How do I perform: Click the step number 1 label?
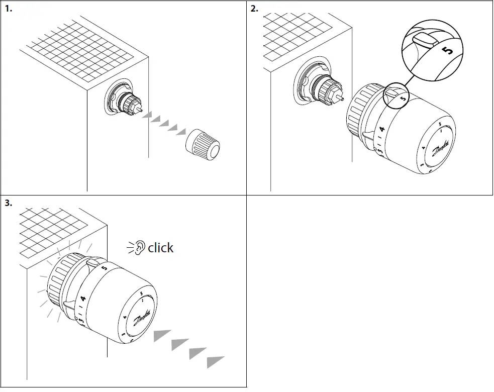(x=8, y=9)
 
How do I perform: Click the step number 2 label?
(x=254, y=9)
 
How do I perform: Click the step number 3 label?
(x=8, y=203)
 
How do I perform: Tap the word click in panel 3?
(x=160, y=248)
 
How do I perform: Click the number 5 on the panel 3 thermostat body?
(x=104, y=268)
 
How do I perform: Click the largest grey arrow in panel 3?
(x=215, y=362)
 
